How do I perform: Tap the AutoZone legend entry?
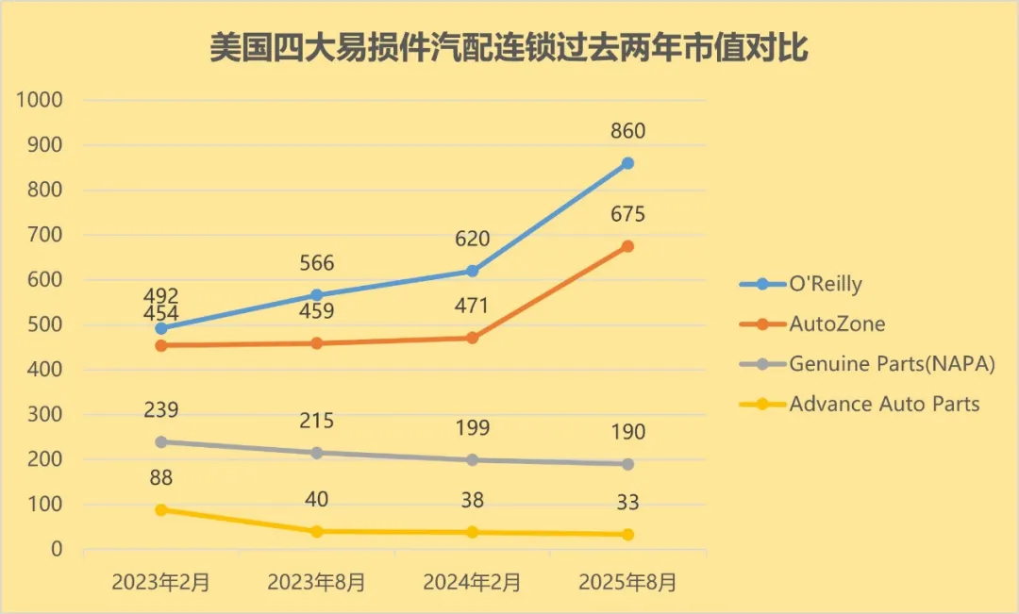837,324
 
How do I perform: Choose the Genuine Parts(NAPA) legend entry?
892,363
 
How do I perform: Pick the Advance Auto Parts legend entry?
884,404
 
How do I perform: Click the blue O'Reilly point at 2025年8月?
627,163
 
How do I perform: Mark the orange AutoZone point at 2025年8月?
627,246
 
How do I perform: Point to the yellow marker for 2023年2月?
161,510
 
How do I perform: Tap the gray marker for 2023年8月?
317,453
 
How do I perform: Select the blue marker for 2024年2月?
472,271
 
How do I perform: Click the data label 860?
627,131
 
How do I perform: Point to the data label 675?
627,215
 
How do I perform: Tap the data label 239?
161,410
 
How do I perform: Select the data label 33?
627,503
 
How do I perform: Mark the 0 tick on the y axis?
57,549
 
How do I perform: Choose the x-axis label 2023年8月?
317,582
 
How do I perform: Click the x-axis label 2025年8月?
627,582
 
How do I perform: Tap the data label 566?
317,263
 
